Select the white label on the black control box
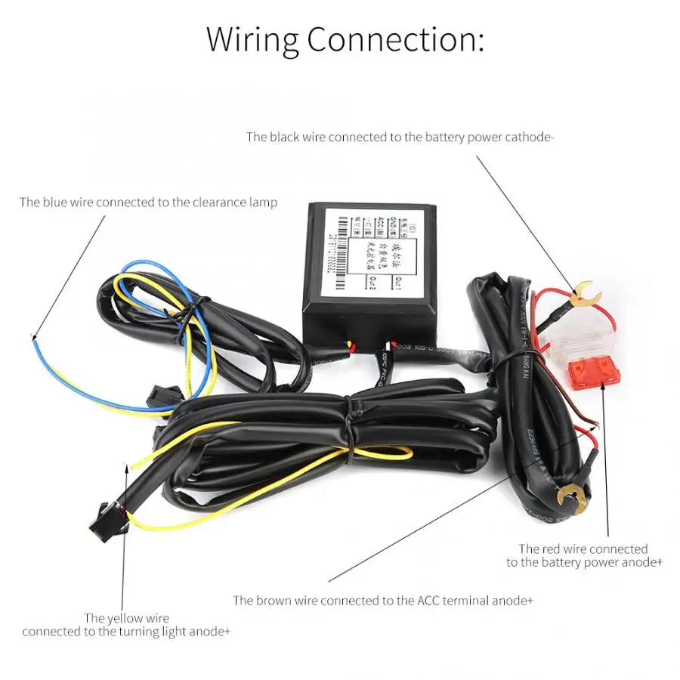click(368, 249)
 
